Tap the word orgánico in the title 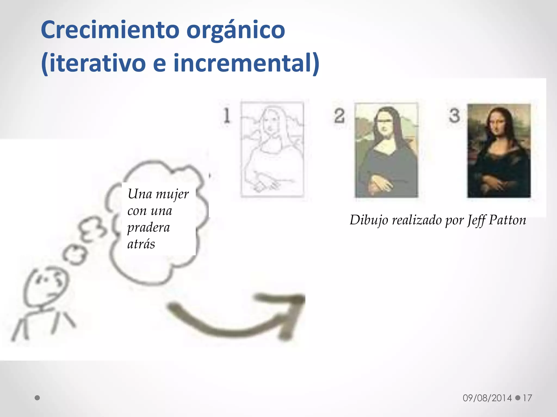[x=236, y=30]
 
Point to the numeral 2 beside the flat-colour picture [x=339, y=116]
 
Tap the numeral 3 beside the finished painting [x=454, y=115]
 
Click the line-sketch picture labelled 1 [x=272, y=149]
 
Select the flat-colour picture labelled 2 [x=386, y=150]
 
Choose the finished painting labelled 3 [x=499, y=151]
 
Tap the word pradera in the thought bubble [x=148, y=228]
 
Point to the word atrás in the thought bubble [x=141, y=244]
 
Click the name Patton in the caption [x=507, y=220]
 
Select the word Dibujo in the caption [x=369, y=220]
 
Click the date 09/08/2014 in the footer [x=487, y=398]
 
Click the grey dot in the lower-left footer [x=38, y=398]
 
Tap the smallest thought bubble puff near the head [x=75, y=254]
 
